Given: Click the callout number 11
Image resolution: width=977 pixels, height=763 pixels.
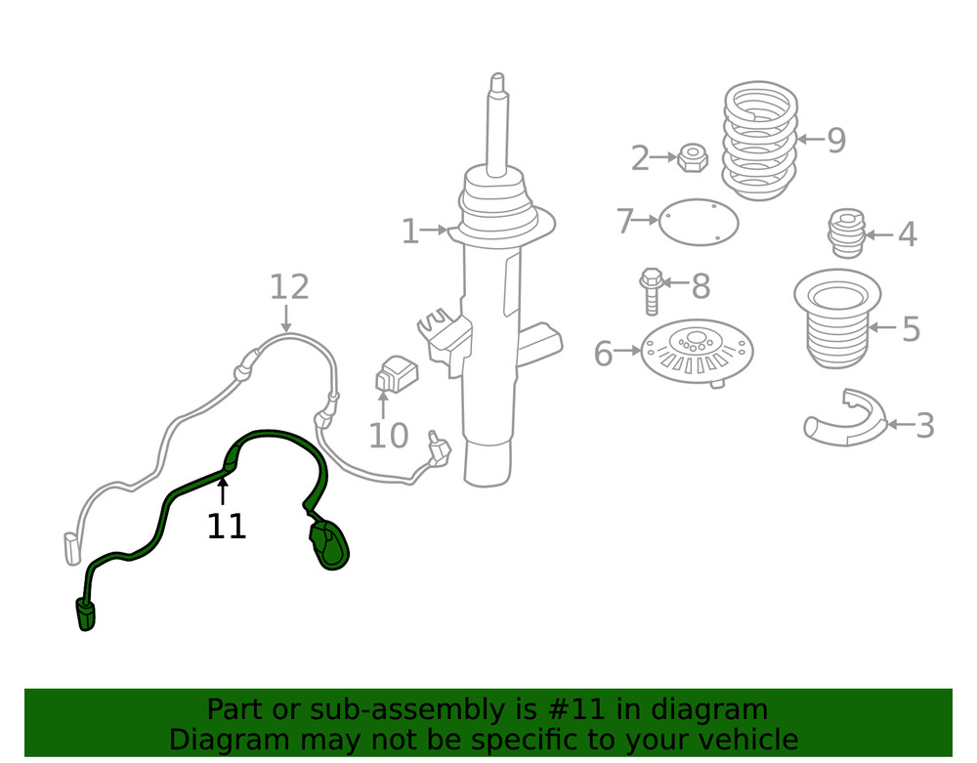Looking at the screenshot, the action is click(x=227, y=527).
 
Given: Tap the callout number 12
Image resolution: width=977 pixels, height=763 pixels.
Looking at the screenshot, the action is click(x=289, y=287).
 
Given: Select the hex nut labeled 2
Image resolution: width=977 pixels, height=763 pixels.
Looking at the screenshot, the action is click(x=693, y=158).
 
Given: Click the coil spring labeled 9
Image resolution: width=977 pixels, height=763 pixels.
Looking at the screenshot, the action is click(x=759, y=141).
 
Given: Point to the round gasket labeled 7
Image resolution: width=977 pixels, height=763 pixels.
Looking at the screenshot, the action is click(x=699, y=223).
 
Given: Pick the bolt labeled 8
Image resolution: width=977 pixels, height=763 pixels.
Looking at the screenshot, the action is click(x=651, y=291).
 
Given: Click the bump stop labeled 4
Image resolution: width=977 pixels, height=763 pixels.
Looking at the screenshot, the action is click(x=847, y=233).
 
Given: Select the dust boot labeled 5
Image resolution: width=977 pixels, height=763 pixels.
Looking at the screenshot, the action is click(x=837, y=318).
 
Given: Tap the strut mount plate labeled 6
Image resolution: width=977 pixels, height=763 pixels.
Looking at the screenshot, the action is click(x=698, y=353).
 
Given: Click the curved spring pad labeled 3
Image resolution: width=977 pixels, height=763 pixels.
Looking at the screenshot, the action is click(x=845, y=419).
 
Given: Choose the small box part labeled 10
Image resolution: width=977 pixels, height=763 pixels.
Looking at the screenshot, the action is click(x=397, y=374).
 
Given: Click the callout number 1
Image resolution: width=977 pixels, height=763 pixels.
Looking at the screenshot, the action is click(x=409, y=232).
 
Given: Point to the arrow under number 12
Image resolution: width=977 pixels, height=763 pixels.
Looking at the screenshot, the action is click(x=286, y=318).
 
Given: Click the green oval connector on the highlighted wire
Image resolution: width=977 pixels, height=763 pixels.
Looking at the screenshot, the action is click(x=329, y=546).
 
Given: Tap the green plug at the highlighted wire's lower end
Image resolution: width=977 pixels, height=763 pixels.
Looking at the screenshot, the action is click(x=85, y=615).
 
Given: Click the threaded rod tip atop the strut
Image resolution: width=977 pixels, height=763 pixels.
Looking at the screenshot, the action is click(x=497, y=82).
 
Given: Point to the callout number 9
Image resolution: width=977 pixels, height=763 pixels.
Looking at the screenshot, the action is click(x=837, y=140).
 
